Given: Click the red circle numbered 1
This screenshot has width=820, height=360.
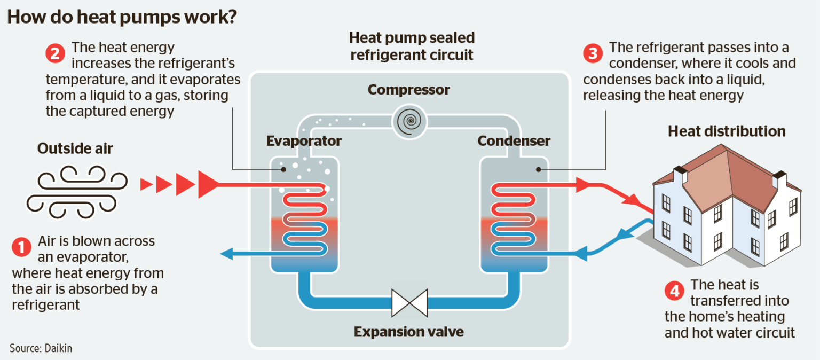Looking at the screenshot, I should (21, 247).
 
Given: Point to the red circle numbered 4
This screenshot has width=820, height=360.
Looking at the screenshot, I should (674, 291).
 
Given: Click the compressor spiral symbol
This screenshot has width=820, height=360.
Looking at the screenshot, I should (408, 121).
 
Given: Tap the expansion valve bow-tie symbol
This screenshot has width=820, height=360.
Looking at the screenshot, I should (409, 303).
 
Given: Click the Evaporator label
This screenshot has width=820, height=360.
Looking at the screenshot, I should (304, 141).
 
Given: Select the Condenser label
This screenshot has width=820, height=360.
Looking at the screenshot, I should (514, 141).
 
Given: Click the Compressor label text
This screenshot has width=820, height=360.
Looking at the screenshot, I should (409, 89).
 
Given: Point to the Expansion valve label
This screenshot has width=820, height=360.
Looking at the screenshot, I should (409, 332).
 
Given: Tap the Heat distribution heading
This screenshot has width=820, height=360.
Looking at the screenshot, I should (727, 131).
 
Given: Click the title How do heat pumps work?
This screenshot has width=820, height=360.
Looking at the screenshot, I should (122, 17).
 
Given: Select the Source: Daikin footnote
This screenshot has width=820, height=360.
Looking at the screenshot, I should (41, 348).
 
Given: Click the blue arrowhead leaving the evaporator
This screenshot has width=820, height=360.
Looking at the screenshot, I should (227, 254).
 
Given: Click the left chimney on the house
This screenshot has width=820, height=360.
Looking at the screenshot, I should (680, 176).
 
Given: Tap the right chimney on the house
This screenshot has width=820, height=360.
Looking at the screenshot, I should (779, 180).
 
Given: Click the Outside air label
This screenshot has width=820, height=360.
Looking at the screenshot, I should (75, 148).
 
